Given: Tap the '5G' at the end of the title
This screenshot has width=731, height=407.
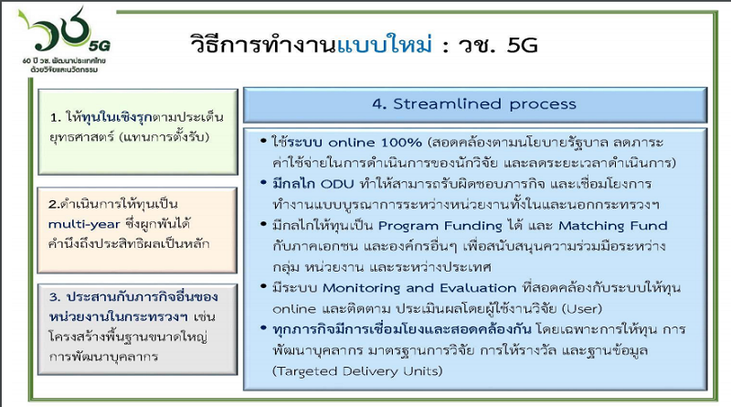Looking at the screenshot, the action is (x=522, y=46).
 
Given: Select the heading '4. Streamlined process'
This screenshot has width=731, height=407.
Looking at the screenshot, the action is (x=474, y=103).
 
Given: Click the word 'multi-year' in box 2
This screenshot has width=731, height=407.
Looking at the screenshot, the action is (x=84, y=224).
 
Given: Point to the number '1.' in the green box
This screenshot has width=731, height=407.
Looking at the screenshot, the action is (x=56, y=118).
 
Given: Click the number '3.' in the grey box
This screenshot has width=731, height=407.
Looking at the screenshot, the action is (x=55, y=297).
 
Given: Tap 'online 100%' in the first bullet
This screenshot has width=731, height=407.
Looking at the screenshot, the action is (x=375, y=142).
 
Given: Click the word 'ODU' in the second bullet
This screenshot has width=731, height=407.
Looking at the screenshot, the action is (x=337, y=184).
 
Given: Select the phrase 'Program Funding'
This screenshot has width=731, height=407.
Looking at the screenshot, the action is (x=440, y=226).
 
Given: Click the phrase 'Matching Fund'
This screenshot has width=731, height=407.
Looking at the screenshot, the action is (x=613, y=226).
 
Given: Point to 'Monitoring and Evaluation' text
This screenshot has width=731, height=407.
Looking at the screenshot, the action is (x=419, y=288).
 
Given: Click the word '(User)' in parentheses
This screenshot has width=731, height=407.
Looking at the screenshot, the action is (x=582, y=309).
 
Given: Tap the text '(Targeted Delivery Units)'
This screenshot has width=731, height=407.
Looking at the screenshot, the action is (x=357, y=371).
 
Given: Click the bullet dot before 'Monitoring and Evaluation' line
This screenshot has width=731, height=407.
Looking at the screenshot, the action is (x=264, y=286).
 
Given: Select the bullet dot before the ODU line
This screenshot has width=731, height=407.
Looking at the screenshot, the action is (x=264, y=182).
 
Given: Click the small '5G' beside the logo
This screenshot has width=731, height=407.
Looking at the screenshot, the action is (x=100, y=46).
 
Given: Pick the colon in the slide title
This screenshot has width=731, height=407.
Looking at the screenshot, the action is (x=446, y=47).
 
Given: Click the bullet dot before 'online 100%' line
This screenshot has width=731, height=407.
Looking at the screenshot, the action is (x=264, y=140).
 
